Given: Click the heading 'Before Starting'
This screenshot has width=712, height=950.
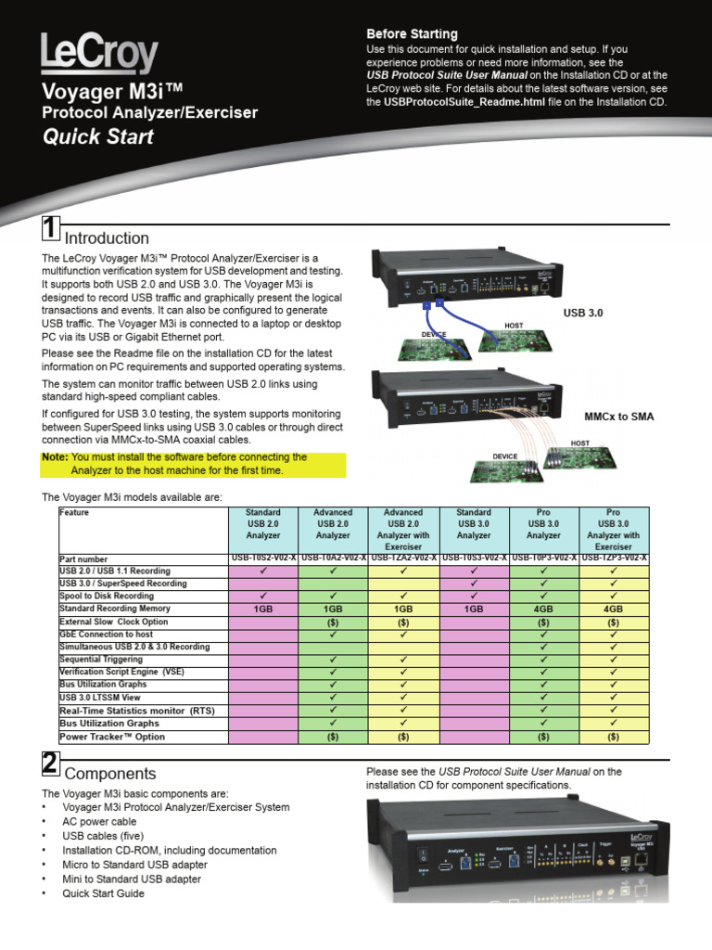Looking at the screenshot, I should [412, 33].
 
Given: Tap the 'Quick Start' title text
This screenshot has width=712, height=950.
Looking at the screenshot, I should [98, 137].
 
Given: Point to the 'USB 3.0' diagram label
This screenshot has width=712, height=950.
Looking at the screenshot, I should [582, 314].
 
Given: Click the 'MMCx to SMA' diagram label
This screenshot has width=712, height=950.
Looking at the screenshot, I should [618, 417].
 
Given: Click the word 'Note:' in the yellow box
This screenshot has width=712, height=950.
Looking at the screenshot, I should [55, 457].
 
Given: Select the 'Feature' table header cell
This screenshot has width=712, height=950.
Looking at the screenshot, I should [74, 512].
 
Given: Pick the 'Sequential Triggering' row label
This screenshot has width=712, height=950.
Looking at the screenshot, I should [101, 659].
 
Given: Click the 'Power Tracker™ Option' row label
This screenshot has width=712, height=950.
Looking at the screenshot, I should [112, 737].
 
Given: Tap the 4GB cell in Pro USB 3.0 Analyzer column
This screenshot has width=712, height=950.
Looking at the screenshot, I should [544, 609].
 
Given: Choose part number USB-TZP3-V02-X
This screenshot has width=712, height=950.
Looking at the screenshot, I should [614, 558].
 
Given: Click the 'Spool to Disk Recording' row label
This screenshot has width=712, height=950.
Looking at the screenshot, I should [107, 596].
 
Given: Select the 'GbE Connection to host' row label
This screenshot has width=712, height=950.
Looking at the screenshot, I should [106, 634].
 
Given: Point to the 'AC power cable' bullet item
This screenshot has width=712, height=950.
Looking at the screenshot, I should [99, 821].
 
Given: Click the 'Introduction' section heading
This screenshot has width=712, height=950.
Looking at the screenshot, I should [107, 237].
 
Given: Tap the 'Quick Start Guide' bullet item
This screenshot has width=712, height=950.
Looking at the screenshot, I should [103, 893].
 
